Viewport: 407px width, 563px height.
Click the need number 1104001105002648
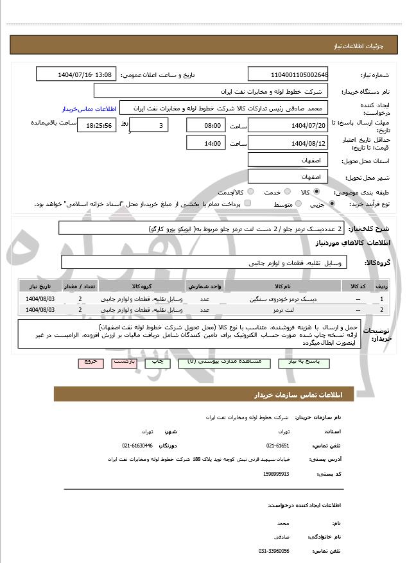pos(288,74)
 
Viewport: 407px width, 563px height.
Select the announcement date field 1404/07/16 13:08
pos(76,74)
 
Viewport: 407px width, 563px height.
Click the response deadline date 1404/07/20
pos(288,125)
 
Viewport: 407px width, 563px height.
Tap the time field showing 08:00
pos(205,125)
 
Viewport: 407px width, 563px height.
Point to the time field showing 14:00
pos(205,143)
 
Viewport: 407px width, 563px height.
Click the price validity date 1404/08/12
pos(288,143)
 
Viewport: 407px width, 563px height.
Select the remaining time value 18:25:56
pos(96,125)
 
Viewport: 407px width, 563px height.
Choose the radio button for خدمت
pos(286,191)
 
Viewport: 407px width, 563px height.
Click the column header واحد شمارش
pos(205,286)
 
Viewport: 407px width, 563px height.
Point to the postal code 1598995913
pos(276,474)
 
